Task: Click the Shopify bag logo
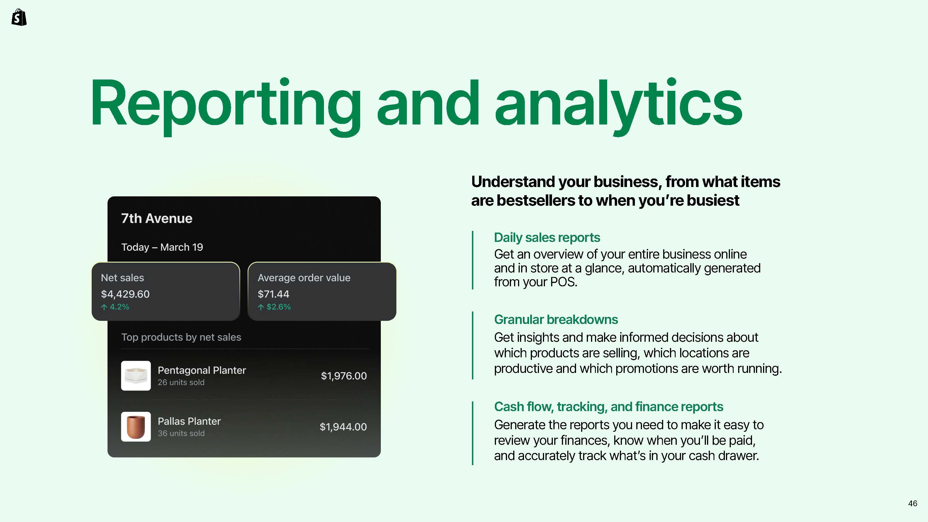[x=19, y=17]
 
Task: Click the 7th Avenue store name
[x=157, y=218]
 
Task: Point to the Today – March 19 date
[x=162, y=247]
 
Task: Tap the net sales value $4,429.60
[x=125, y=294]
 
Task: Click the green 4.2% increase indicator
[x=115, y=307]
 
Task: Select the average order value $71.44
[x=273, y=294]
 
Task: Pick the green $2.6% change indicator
[x=274, y=307]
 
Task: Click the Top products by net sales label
[x=181, y=337]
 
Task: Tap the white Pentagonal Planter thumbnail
[x=136, y=376]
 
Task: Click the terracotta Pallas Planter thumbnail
[x=136, y=427]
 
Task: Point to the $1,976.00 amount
[x=344, y=376]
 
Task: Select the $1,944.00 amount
[x=343, y=427]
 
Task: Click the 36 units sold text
[x=181, y=433]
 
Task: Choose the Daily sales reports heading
[x=547, y=238]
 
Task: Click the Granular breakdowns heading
[x=556, y=319]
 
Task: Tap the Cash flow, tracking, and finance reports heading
[x=609, y=407]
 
